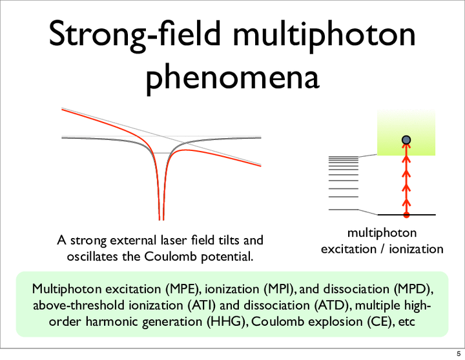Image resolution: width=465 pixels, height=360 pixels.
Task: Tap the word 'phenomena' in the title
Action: click(232, 77)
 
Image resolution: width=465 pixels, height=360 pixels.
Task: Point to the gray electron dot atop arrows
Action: click(406, 140)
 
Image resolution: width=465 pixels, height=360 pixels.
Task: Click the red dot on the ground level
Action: click(406, 215)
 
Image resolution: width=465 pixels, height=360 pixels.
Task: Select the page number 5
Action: click(459, 354)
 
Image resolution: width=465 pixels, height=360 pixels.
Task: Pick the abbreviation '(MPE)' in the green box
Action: click(181, 289)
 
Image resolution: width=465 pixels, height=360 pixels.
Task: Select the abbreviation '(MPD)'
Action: click(412, 289)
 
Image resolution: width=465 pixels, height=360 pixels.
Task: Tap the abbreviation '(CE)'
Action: click(378, 321)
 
